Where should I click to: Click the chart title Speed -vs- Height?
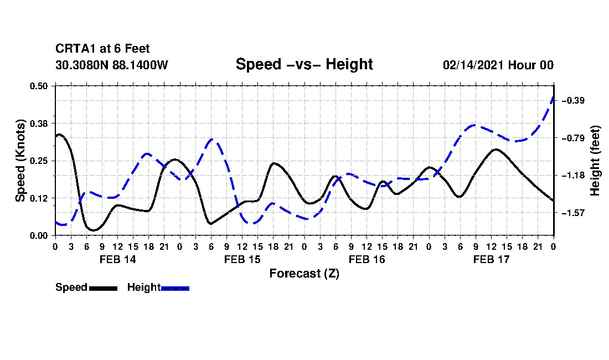coord(304,64)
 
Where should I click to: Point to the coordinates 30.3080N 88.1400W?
coord(112,65)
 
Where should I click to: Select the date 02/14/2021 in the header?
coord(474,65)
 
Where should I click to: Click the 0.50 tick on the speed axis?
coord(39,86)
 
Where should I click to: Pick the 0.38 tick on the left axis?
coord(39,124)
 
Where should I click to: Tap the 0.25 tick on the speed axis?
coord(39,161)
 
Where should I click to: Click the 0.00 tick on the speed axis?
coord(39,236)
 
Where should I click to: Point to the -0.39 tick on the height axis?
coord(573,101)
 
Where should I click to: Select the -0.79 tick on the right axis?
coord(573,138)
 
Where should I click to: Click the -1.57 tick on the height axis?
coord(573,213)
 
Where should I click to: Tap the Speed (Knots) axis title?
coord(20,161)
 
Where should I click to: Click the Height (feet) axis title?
coord(595,161)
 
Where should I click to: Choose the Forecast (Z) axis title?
coord(304,274)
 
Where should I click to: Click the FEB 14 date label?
coord(118,259)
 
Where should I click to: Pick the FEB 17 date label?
coord(491,259)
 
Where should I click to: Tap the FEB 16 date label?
coord(367,259)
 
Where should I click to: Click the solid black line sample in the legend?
coord(104,288)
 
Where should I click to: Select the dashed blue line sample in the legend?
coord(175,288)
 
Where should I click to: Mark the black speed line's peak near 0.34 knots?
coord(59,135)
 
